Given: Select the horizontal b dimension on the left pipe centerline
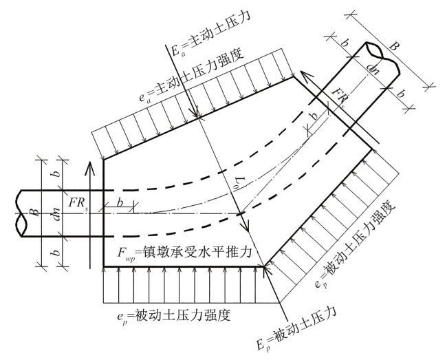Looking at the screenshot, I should pyautogui.click(x=118, y=204).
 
